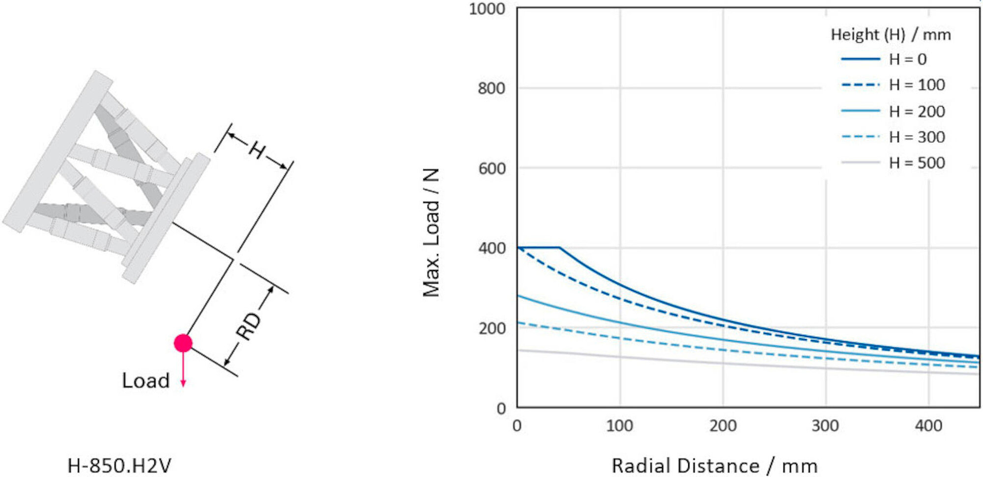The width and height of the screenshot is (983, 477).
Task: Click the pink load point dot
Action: click(183, 343)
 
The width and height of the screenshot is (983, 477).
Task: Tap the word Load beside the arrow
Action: click(145, 381)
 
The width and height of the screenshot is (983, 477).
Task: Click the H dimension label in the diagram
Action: click(257, 149)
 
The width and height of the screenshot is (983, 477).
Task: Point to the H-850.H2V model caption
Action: click(119, 465)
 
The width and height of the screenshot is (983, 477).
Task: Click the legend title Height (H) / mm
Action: click(891, 34)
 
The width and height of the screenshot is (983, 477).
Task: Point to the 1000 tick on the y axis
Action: click(487, 9)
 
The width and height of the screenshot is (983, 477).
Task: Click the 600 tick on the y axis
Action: click(491, 169)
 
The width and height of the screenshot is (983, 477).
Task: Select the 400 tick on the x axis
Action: click(928, 425)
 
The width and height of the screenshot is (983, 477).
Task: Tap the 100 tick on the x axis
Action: click(619, 425)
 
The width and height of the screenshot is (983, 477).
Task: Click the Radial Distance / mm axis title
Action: click(714, 465)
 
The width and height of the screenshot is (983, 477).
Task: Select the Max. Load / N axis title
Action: click(431, 232)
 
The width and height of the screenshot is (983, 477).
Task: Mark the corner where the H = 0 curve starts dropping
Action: click(560, 247)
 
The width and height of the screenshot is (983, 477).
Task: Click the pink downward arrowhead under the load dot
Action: click(183, 383)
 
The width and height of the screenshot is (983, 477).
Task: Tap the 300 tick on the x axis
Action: click(825, 425)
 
